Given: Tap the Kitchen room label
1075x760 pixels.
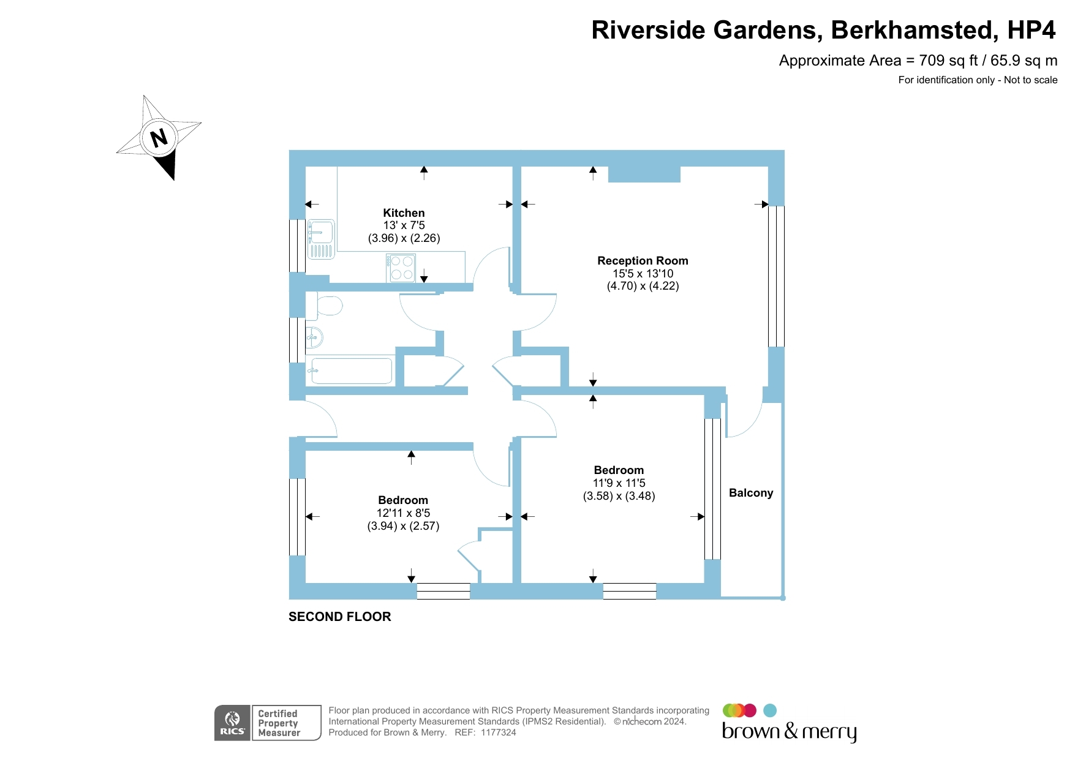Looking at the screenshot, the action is click(x=404, y=213).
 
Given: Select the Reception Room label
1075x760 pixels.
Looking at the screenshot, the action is click(x=643, y=261).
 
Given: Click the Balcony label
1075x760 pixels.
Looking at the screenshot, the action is click(x=751, y=493).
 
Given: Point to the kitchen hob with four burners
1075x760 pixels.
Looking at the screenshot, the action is click(x=401, y=268).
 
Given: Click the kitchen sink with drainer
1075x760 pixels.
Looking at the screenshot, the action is click(x=321, y=239).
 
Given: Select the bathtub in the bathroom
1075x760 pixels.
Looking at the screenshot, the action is click(x=351, y=371).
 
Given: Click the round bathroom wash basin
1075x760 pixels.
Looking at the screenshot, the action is click(x=314, y=337).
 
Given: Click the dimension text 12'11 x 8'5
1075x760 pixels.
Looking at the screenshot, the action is click(x=403, y=513).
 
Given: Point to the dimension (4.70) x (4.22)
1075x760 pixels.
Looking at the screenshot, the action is click(x=643, y=286).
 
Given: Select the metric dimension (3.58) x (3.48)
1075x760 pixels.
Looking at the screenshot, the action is click(x=619, y=496).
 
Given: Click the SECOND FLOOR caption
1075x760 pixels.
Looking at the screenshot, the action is click(x=340, y=617).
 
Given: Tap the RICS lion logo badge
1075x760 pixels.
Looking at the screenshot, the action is click(x=232, y=723).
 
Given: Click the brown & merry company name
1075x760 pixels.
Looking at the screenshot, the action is click(x=789, y=732).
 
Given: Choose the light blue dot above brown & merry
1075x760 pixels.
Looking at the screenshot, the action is click(x=770, y=710).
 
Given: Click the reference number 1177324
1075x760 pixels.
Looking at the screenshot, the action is click(x=499, y=732).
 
